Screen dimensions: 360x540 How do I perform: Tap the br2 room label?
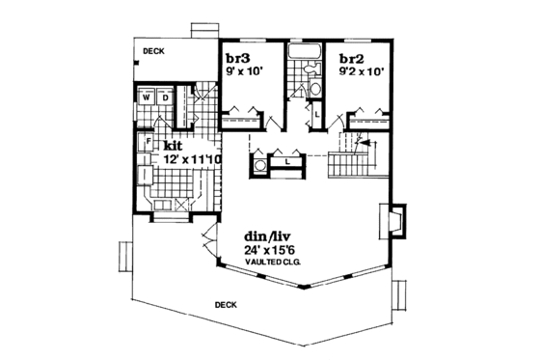350,58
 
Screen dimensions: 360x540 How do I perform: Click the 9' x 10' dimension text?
243,70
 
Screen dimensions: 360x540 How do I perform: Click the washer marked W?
146,97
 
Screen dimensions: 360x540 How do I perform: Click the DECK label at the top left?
153,51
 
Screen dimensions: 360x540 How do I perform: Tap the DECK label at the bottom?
225,305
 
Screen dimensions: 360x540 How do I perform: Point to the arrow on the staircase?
362,148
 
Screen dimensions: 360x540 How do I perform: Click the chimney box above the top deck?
204,30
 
